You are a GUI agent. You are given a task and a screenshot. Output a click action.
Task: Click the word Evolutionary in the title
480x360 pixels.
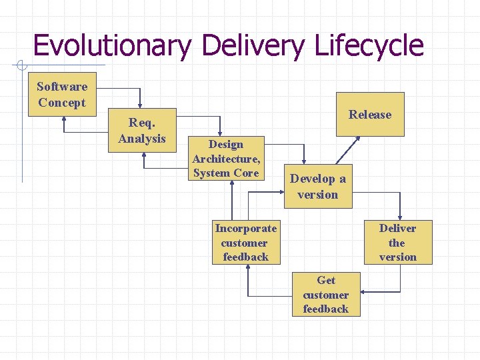click(112, 45)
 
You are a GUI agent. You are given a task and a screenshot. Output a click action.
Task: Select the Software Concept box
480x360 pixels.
click(62, 95)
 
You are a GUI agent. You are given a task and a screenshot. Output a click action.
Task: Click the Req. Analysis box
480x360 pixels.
click(141, 130)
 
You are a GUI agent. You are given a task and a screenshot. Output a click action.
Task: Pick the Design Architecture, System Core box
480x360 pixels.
click(226, 159)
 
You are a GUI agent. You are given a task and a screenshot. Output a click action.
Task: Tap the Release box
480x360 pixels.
click(370, 114)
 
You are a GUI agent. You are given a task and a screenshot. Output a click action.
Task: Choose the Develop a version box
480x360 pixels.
click(318, 186)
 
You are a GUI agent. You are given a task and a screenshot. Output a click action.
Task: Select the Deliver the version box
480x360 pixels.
click(397, 242)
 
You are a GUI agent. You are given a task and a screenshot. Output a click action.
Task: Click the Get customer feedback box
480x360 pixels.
click(325, 294)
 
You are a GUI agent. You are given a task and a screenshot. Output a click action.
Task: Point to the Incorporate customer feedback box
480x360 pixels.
click(246, 242)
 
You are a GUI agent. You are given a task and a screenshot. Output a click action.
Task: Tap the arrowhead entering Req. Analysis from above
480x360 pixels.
click(140, 104)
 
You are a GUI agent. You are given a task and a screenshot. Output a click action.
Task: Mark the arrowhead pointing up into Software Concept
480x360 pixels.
click(65, 121)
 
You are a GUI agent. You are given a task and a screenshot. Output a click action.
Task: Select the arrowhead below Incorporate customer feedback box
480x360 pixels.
click(248, 268)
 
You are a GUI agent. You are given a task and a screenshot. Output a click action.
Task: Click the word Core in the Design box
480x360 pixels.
click(244, 173)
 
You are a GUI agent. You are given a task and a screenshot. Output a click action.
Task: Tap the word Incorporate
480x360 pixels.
click(246, 228)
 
